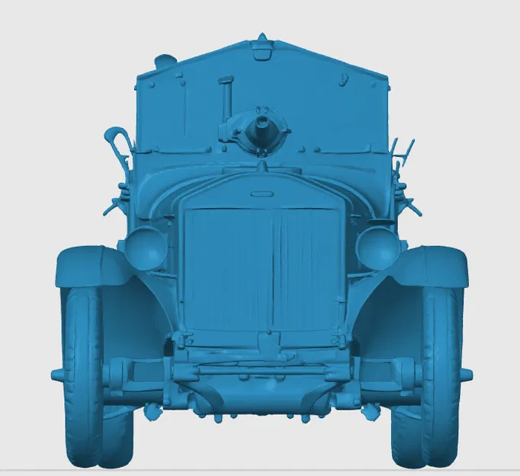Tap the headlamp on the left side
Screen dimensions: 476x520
pyautogui.click(x=145, y=246)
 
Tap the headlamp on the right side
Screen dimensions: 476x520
pyautogui.click(x=378, y=247)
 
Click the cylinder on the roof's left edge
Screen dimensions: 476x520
pyautogui.click(x=163, y=59)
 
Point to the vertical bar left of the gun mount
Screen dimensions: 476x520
pyautogui.click(x=226, y=99)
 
